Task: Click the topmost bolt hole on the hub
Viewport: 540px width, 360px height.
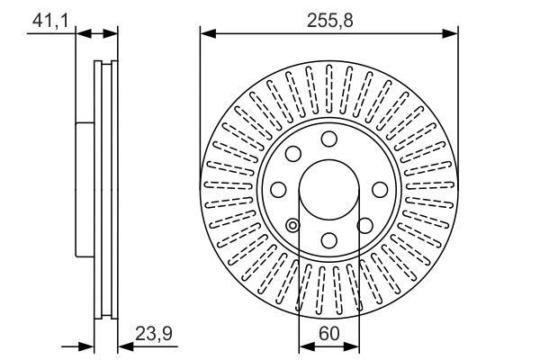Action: click(x=328, y=139)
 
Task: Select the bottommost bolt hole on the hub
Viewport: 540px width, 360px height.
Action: click(x=328, y=239)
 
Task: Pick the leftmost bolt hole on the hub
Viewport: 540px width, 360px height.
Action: click(x=278, y=189)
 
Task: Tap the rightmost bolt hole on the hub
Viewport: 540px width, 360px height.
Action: click(x=379, y=189)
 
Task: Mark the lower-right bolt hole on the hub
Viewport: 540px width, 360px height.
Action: click(x=364, y=225)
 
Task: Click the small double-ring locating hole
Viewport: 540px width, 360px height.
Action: click(x=293, y=225)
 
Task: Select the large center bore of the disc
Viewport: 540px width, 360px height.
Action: click(x=328, y=189)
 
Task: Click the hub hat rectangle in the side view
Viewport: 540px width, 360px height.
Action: click(x=84, y=189)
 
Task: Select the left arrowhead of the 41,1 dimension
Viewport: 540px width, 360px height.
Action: click(x=82, y=33)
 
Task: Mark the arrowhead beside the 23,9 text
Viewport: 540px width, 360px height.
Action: click(x=123, y=345)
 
